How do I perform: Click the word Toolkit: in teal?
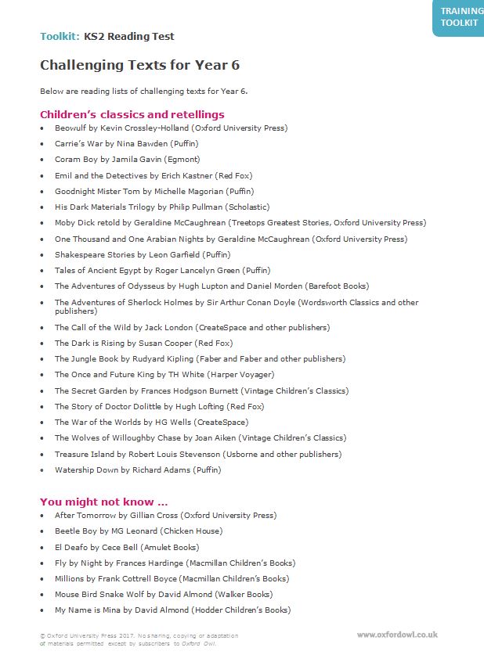(60, 37)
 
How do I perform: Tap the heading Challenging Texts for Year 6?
(139, 65)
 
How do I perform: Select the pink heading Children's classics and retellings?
(132, 114)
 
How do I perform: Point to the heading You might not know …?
(103, 502)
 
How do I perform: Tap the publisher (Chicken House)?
(168, 531)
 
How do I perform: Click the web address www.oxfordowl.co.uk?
(397, 635)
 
